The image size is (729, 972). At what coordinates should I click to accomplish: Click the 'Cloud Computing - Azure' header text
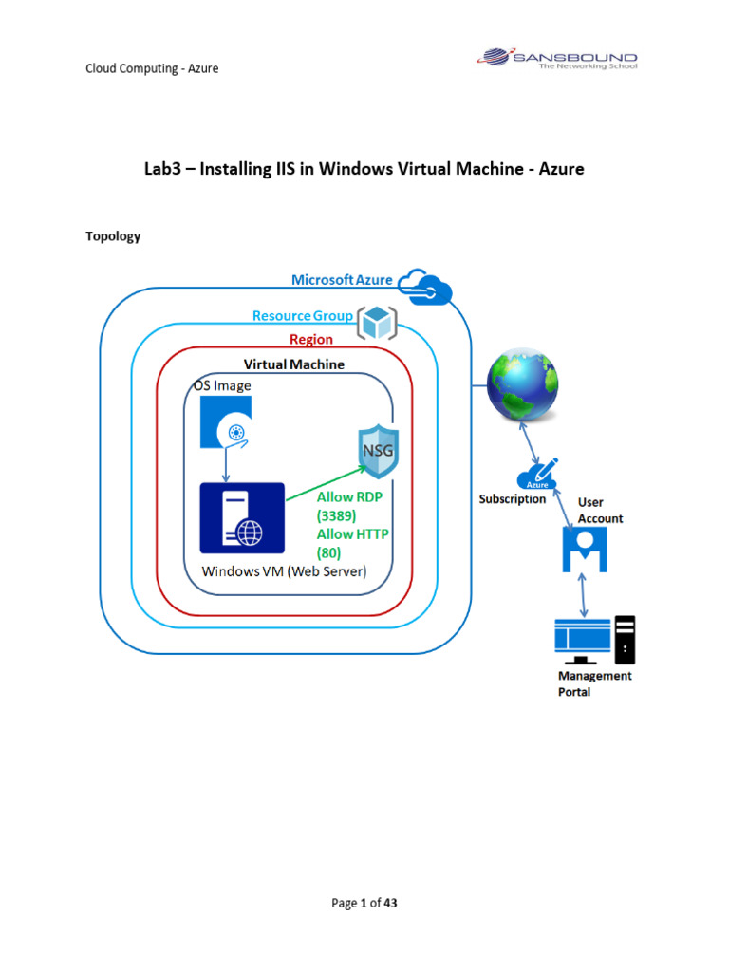(152, 68)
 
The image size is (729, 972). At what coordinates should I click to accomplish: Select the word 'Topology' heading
(113, 236)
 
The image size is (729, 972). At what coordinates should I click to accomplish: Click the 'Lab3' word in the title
(162, 169)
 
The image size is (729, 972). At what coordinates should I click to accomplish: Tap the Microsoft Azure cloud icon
(423, 283)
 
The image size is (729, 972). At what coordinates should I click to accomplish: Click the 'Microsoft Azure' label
(342, 279)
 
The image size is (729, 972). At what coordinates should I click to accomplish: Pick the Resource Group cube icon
(376, 323)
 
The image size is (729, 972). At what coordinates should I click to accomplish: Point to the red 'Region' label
(310, 339)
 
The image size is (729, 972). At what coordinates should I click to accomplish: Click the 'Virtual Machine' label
(294, 364)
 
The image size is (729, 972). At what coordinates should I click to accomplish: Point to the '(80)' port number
(328, 551)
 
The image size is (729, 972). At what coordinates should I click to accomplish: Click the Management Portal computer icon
(594, 640)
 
